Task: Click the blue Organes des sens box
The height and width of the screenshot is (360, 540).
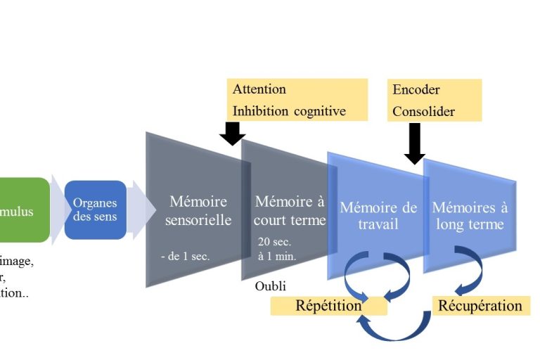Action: tap(95, 210)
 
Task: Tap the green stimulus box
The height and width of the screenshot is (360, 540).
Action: tap(25, 210)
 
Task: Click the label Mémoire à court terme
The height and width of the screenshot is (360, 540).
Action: tap(290, 210)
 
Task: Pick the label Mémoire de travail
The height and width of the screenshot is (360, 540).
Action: tap(378, 215)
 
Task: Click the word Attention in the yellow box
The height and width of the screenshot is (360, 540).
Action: tap(259, 89)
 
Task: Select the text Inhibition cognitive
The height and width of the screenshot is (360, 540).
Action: tap(289, 111)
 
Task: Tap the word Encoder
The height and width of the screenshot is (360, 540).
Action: tap(416, 90)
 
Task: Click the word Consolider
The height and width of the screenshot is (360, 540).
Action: tap(423, 111)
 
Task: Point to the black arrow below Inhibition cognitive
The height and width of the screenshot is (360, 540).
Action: tap(232, 133)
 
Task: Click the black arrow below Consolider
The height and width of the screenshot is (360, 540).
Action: tap(414, 143)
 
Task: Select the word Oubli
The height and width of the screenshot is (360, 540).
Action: tap(270, 286)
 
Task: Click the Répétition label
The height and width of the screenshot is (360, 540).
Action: tap(328, 306)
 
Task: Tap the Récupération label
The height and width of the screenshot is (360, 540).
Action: tap(480, 306)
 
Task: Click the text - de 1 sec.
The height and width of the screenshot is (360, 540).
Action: tap(185, 256)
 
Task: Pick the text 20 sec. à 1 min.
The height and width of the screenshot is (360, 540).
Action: tap(277, 249)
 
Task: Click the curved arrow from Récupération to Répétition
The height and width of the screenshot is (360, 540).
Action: tap(394, 330)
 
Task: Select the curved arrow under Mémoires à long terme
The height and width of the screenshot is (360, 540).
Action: tap(470, 271)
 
